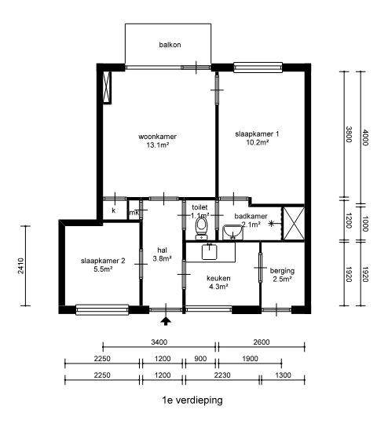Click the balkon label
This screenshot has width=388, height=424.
[x=170, y=45]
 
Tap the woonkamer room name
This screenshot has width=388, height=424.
[x=157, y=137]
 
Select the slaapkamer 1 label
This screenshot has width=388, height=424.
[x=257, y=133]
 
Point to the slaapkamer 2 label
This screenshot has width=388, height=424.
[x=103, y=261]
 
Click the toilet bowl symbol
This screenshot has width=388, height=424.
[x=201, y=228]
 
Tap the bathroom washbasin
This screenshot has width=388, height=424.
[x=233, y=232]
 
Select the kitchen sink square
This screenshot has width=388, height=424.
[x=210, y=251]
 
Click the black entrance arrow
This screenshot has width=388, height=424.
[x=166, y=321]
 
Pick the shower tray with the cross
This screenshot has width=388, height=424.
[x=294, y=224]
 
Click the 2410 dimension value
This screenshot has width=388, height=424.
[x=21, y=266]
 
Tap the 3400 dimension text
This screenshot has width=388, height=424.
[x=159, y=342]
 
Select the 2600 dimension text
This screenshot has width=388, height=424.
[x=262, y=342]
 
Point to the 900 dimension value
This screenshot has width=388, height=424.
[x=200, y=359]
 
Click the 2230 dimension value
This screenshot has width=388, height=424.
[x=222, y=375]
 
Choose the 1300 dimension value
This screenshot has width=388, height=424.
[x=283, y=375]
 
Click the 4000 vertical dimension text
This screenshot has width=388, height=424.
[x=365, y=137]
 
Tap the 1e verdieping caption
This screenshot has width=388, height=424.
[x=192, y=400]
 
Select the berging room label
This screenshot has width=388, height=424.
[x=282, y=271]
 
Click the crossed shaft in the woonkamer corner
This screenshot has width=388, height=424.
[x=107, y=87]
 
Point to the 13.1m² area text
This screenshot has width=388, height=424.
[x=158, y=145]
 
